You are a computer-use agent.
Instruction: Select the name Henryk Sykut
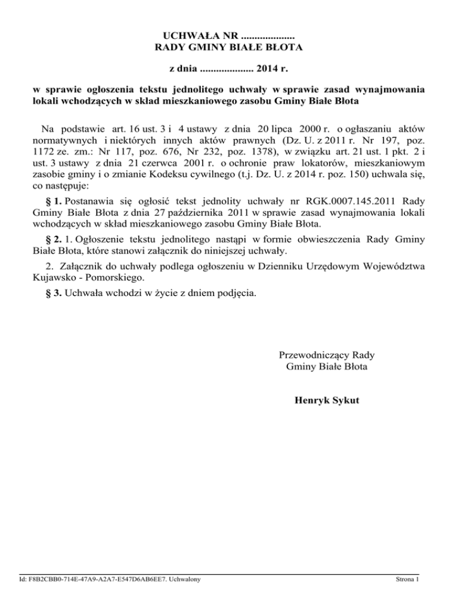pyautogui.click(x=326, y=400)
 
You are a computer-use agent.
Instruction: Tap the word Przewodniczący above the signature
pyautogui.click(x=312, y=355)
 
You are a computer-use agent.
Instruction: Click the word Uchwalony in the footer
pyautogui.click(x=182, y=578)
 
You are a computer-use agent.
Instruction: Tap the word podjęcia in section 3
pyautogui.click(x=239, y=293)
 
